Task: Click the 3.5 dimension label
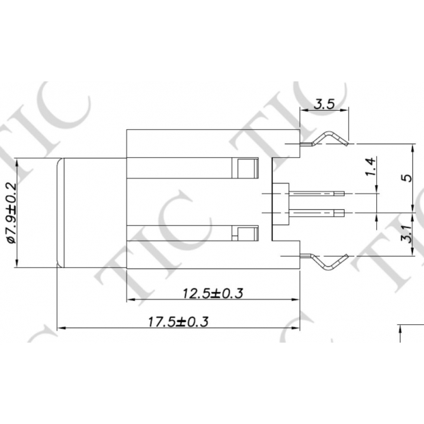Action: click(323, 105)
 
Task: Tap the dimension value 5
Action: click(406, 178)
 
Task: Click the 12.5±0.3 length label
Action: click(213, 293)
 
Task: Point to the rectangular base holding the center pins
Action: click(280, 203)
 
